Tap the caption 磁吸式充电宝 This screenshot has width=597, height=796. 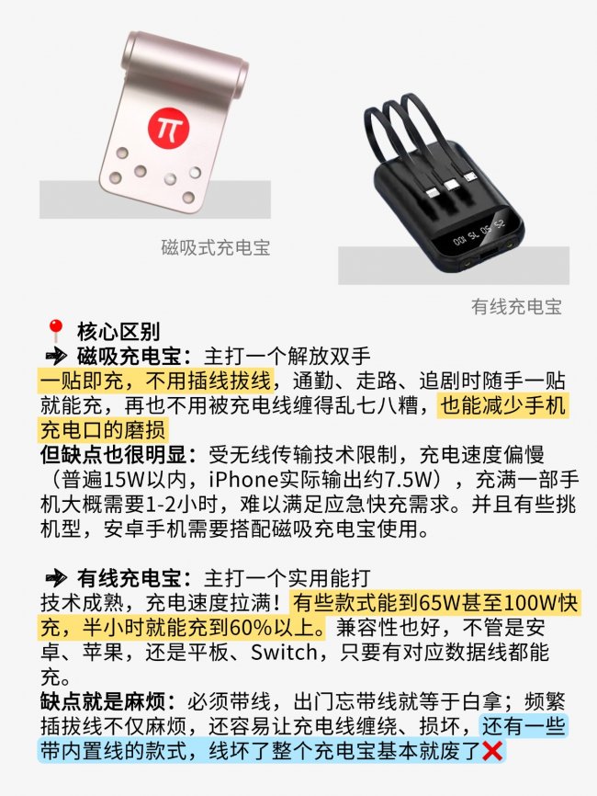coord(216,247)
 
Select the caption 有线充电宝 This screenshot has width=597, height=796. coord(515,307)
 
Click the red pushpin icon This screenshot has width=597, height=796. coord(56,332)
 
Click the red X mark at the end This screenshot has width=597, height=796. coord(493,752)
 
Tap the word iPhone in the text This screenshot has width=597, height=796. coord(243,480)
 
